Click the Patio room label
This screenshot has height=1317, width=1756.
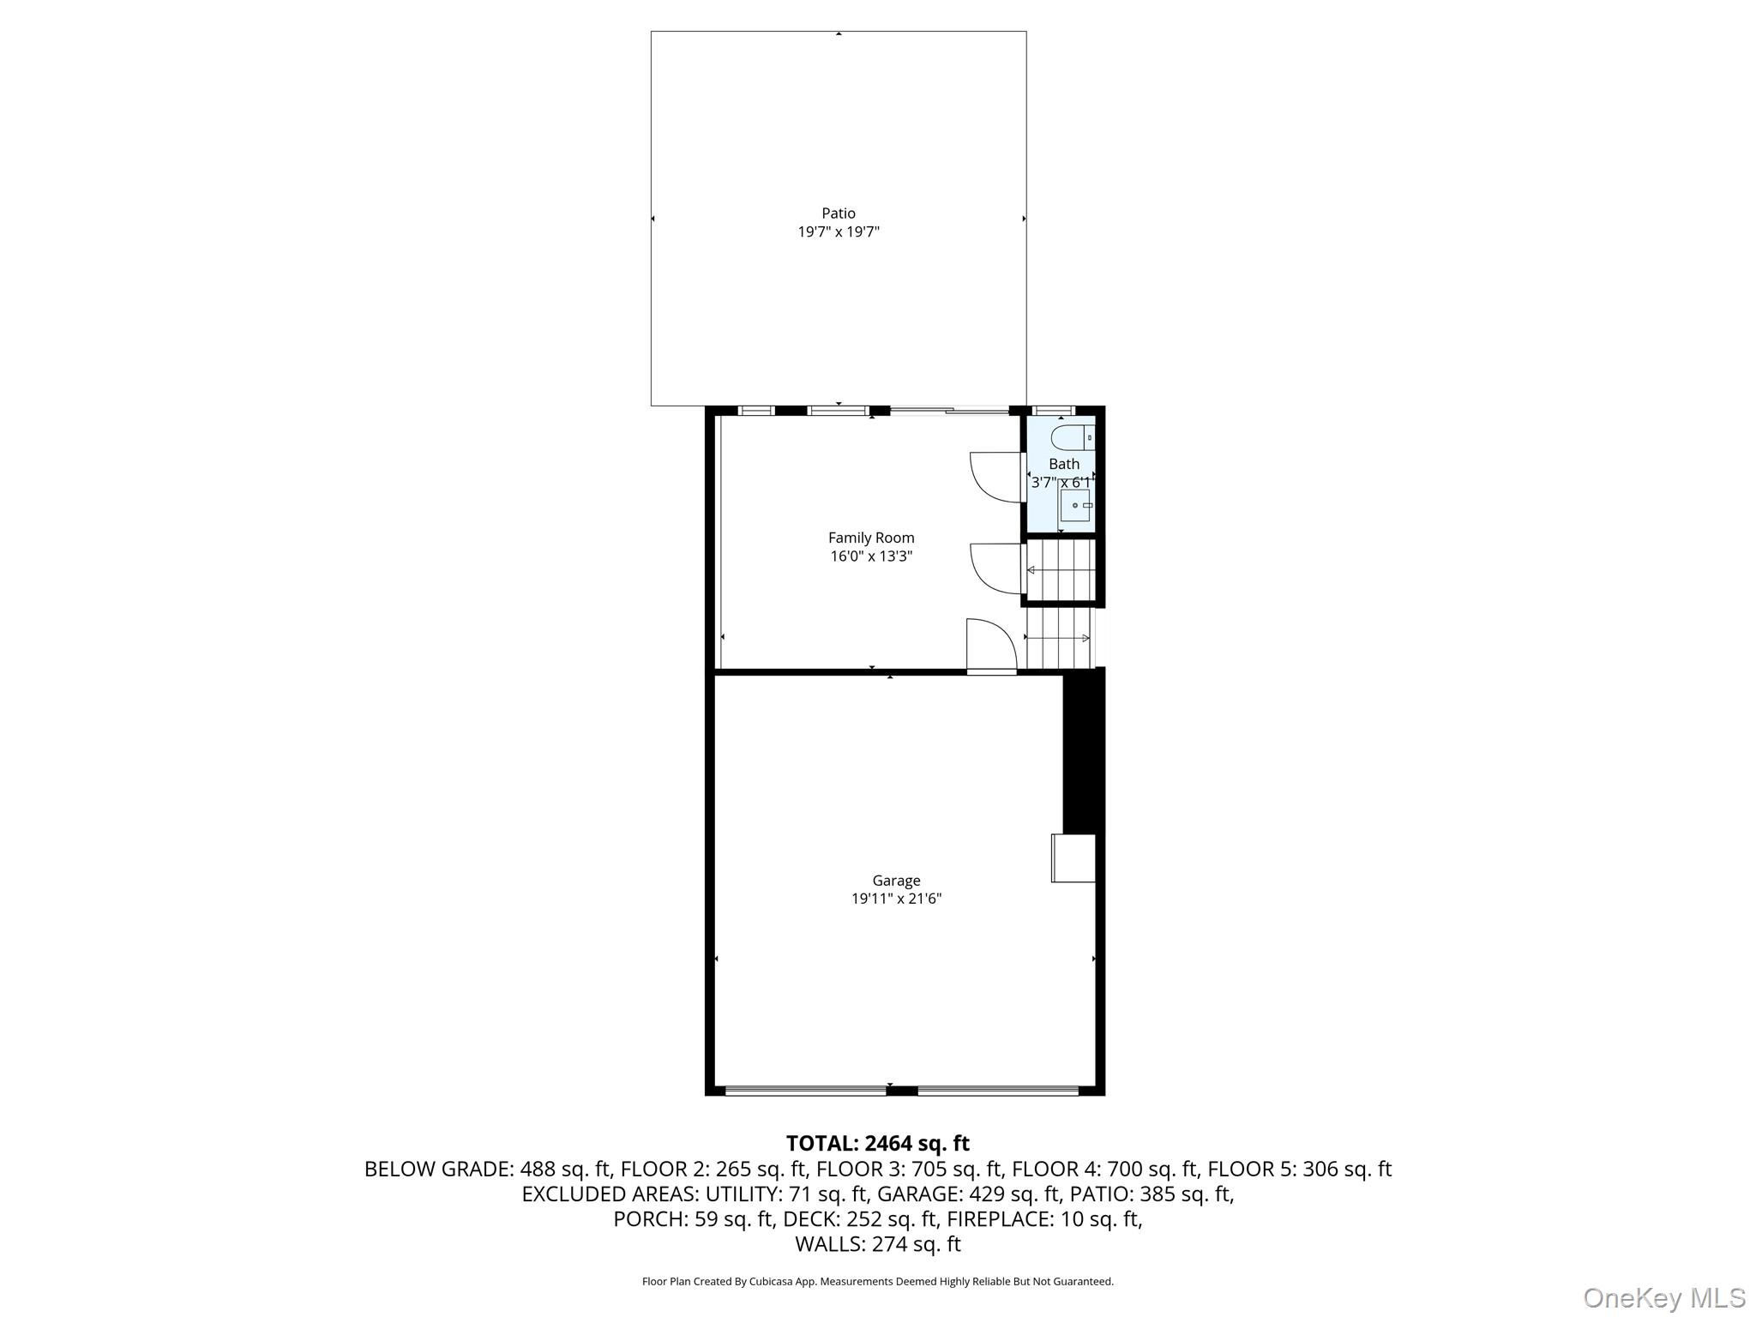(838, 213)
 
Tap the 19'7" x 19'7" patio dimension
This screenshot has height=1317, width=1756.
(838, 232)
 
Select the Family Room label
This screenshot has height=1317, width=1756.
(870, 538)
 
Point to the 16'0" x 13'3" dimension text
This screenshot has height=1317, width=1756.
(870, 556)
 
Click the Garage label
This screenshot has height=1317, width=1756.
(896, 881)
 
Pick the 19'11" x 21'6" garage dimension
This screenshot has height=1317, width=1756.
(896, 899)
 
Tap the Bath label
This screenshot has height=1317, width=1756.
(1063, 464)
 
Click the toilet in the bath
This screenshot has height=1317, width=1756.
(1072, 437)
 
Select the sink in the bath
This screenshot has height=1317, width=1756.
(1075, 506)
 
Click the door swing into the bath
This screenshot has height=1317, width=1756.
(995, 477)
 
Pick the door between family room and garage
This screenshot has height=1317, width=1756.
(990, 645)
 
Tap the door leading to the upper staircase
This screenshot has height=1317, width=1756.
(995, 568)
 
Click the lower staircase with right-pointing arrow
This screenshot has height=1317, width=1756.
(1060, 638)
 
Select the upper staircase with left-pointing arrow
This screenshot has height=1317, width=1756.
(1061, 570)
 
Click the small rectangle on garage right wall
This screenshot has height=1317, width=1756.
(1073, 858)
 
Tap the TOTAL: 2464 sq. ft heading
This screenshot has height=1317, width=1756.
(877, 1143)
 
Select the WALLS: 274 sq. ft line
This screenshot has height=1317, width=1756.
(877, 1244)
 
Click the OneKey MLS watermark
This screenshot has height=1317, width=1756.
(1663, 1297)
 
